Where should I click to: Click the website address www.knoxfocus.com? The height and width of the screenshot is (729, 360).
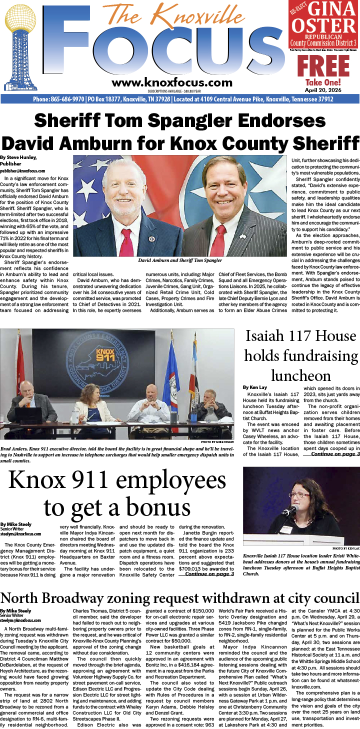click(172, 82)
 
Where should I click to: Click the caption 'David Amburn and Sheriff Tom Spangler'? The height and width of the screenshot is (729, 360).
click(180, 261)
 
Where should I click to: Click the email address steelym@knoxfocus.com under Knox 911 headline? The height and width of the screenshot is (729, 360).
click(20, 534)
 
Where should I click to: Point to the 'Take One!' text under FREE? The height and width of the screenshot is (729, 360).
click(323, 82)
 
